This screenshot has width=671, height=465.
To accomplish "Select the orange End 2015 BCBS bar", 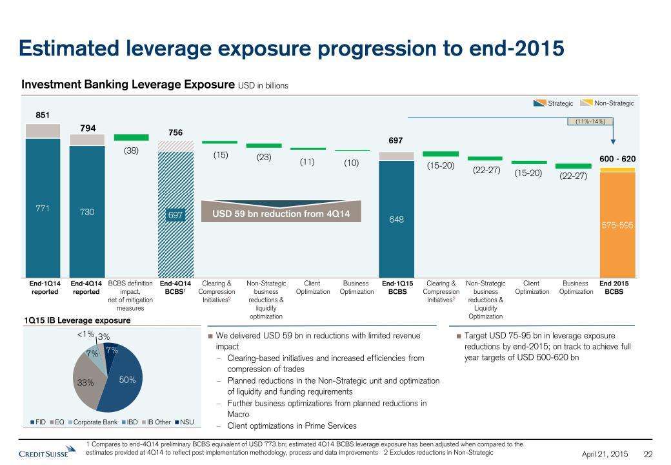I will coord(617,226).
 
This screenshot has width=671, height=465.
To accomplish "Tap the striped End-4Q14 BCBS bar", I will coord(176,213).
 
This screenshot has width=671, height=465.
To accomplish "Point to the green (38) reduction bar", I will coord(131,138).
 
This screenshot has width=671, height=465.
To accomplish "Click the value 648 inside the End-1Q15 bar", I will coord(396,220).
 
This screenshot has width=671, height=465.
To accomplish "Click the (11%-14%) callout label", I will coord(590,121).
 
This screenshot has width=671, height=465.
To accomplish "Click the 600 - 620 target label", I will coord(617,159).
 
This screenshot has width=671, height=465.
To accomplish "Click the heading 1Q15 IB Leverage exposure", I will coord(77,320).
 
